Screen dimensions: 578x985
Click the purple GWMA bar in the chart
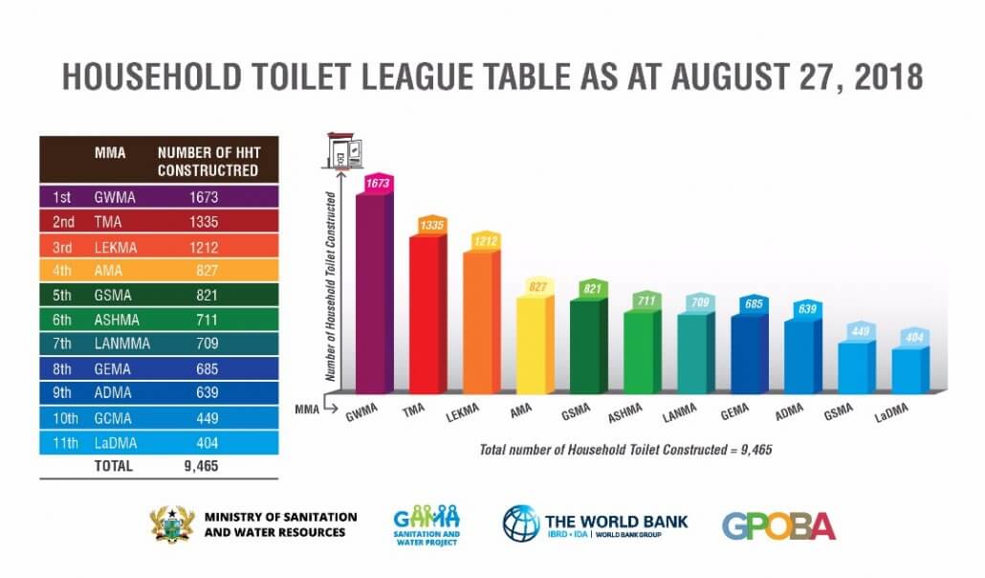[x=372, y=292]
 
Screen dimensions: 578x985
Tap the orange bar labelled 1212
[x=479, y=322]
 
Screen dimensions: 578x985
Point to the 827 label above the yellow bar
[x=537, y=287]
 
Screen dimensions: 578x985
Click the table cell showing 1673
[x=204, y=197]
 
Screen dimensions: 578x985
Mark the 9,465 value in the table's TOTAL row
[x=202, y=467]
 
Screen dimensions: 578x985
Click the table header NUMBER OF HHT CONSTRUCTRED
[x=208, y=161]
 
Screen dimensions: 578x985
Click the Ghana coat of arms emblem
[x=172, y=524]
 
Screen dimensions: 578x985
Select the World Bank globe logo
[x=520, y=523]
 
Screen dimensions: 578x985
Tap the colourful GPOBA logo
[x=777, y=525]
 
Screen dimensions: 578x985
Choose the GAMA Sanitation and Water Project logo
[x=427, y=524]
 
